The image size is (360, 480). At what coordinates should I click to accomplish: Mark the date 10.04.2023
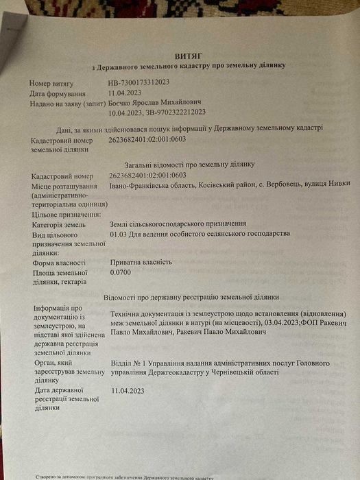[126, 112]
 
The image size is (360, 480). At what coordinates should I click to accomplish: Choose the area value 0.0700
[121, 272]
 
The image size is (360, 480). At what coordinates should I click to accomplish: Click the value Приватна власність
[141, 262]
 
